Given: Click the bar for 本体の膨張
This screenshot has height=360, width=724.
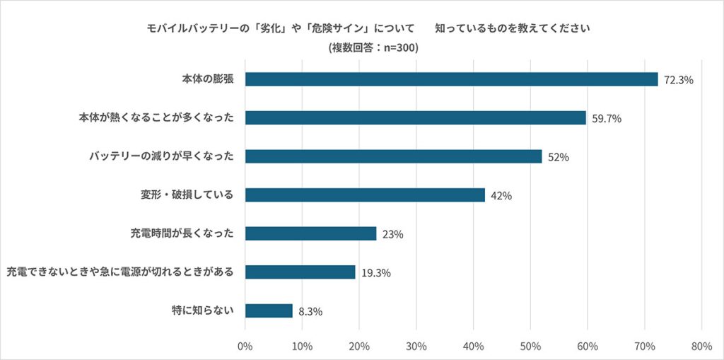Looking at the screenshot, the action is [451, 79].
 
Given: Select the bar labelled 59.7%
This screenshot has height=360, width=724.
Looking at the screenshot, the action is [416, 118].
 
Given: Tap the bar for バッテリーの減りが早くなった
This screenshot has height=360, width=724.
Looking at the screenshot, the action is [393, 156].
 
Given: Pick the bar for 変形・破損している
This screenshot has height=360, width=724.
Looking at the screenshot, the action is [365, 195].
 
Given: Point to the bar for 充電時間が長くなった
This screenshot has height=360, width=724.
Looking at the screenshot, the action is [311, 233].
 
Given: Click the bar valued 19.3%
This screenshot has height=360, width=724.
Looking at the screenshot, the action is [300, 272].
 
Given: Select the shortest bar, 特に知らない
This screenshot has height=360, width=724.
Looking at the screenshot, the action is [269, 310].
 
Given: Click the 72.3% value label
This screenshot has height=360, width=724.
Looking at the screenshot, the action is [679, 81].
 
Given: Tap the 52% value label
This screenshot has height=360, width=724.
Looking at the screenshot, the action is [559, 158].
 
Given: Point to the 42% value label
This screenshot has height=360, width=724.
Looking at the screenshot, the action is [501, 196].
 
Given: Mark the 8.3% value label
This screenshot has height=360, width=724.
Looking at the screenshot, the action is [310, 311].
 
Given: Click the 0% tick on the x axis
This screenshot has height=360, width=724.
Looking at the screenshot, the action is [245, 346].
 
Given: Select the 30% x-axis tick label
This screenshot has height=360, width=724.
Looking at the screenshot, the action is [416, 346].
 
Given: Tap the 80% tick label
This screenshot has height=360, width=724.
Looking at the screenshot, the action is [701, 346].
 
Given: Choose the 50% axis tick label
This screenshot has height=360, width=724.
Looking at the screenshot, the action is [530, 346].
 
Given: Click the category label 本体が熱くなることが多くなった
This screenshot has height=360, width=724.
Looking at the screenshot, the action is [155, 118].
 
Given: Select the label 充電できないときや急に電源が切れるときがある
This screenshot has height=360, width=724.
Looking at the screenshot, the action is [119, 272].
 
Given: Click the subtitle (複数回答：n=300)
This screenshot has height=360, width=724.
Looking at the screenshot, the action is [373, 47].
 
